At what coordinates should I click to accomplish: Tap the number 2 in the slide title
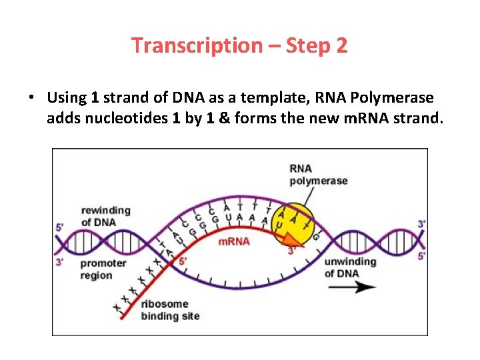pos(341,46)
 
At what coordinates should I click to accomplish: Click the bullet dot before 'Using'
pos(31,98)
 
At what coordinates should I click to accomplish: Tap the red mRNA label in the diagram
pos(234,241)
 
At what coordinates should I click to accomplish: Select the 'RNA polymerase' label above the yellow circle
pos(319,175)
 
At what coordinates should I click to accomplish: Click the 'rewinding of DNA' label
pos(105,216)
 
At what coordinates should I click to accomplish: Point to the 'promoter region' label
pos(103,269)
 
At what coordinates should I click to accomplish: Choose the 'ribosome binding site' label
pos(169,310)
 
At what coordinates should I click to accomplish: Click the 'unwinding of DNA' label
pos(350,267)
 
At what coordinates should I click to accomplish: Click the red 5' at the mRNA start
pos(183,261)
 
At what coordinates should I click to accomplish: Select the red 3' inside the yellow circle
pos(292,250)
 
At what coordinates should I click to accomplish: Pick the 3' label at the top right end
pos(421,224)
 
